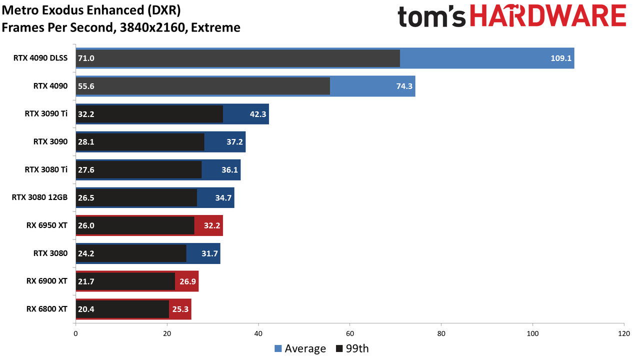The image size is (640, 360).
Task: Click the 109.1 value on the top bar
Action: [561, 58]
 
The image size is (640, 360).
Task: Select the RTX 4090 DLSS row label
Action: [40, 58]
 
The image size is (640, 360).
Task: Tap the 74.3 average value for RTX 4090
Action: [404, 86]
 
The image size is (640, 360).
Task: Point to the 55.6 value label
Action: [86, 86]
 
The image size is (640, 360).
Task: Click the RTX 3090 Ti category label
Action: [46, 113]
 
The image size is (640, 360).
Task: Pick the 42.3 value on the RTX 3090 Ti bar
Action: [258, 114]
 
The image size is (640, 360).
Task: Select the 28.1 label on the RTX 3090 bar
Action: [86, 141]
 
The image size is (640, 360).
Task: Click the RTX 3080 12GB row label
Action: [39, 197]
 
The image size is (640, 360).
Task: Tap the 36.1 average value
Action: [229, 169]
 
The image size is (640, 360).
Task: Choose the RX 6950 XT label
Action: [47, 225]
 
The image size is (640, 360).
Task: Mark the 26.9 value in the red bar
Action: [187, 281]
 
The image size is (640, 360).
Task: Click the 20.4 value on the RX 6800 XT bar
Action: [86, 309]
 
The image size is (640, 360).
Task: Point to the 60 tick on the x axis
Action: [349, 333]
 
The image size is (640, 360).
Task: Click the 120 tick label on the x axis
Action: [624, 333]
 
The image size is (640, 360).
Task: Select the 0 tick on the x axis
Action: [75, 333]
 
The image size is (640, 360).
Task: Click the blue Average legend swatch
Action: [278, 348]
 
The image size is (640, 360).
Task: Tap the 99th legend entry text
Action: [357, 348]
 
